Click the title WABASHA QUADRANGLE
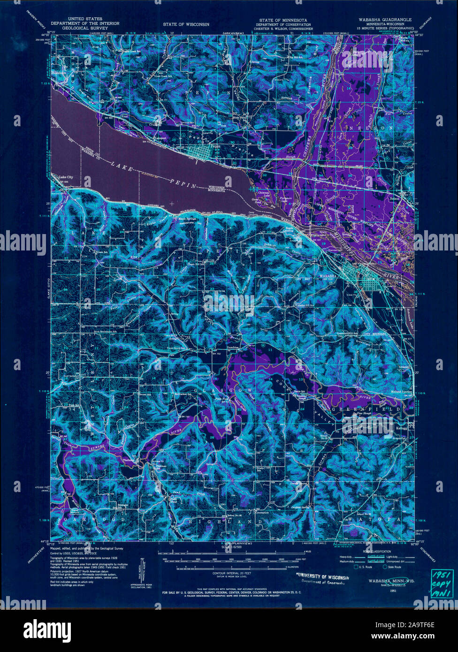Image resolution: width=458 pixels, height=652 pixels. coord(382,19)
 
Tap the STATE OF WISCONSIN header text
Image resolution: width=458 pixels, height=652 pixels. coord(186,23)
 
